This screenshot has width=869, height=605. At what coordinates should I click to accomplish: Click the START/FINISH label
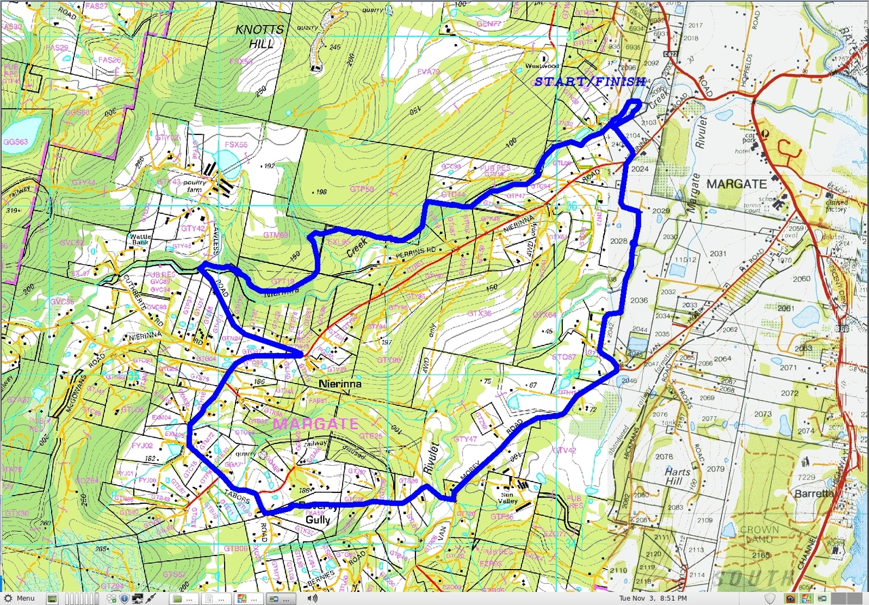[589, 81]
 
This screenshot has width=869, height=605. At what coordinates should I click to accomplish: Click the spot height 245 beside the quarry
[335, 47]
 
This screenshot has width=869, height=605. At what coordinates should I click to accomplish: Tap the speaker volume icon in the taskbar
[312, 599]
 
